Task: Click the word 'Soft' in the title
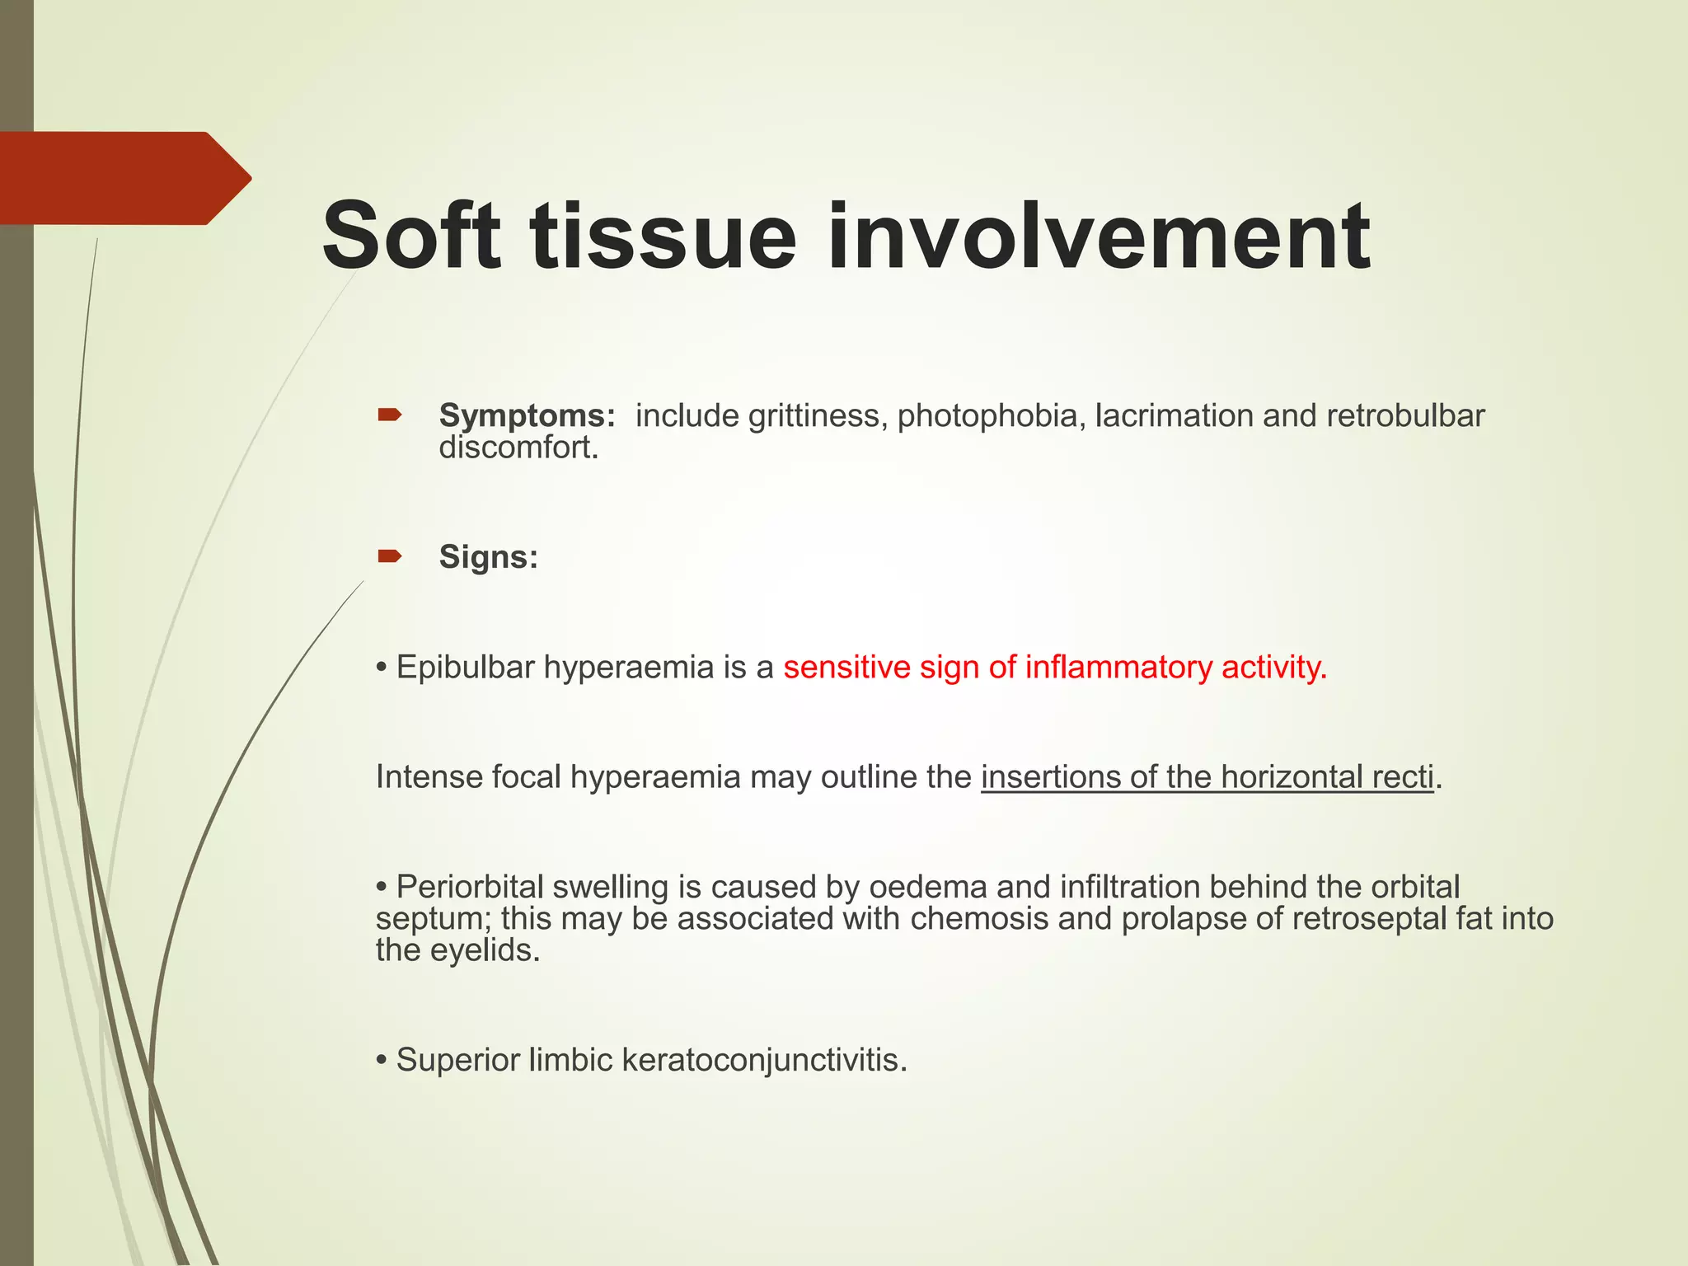(410, 236)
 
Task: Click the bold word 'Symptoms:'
(527, 415)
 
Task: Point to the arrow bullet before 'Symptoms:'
(390, 415)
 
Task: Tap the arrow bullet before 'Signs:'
(390, 556)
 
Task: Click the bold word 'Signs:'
(488, 557)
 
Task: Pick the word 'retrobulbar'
(1405, 416)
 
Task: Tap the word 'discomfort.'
(518, 448)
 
